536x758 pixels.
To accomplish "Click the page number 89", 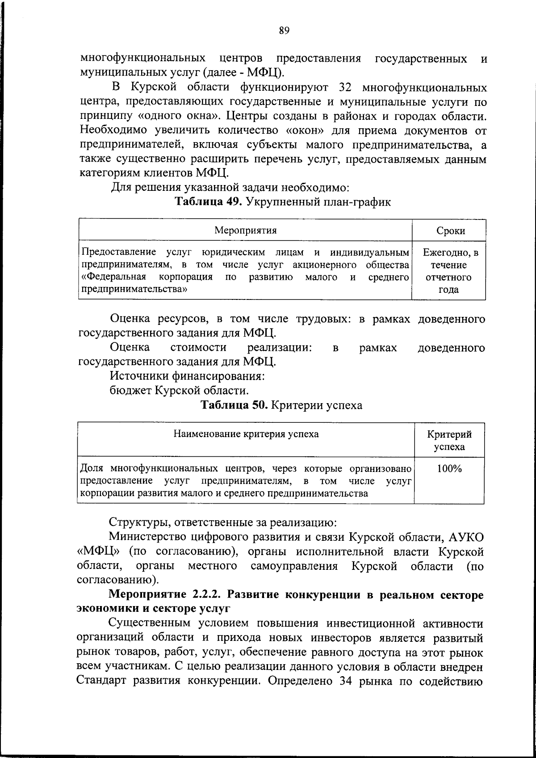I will [x=284, y=30].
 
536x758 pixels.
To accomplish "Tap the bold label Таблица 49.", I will [x=208, y=202].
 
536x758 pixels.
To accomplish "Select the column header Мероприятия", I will [x=245, y=231].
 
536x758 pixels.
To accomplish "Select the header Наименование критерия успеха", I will [x=246, y=434].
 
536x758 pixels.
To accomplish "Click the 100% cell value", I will [x=449, y=469].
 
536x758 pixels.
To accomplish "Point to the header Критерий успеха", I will [x=449, y=440].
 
